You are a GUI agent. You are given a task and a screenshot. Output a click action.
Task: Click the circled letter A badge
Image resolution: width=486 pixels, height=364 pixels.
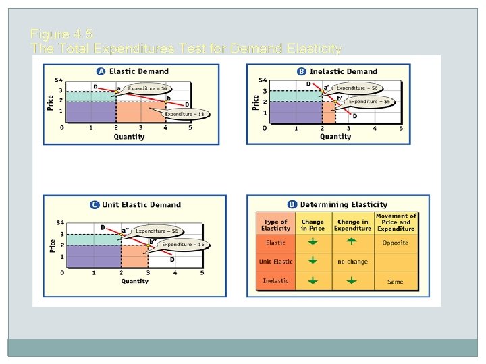(101, 71)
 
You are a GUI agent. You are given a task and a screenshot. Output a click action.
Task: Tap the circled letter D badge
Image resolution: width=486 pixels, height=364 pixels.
(292, 204)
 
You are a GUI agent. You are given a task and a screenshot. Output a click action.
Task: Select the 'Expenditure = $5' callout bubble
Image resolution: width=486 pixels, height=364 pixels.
(368, 102)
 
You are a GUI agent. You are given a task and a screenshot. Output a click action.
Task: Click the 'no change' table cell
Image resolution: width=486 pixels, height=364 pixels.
(352, 262)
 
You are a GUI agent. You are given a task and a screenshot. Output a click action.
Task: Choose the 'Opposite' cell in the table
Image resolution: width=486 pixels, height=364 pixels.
(396, 243)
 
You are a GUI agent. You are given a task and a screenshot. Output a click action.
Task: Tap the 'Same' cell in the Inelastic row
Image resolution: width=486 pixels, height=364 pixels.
(396, 281)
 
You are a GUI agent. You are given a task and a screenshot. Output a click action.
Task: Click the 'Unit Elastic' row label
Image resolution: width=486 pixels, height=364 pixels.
(275, 262)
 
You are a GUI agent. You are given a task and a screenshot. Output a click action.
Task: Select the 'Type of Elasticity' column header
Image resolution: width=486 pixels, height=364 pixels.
(275, 225)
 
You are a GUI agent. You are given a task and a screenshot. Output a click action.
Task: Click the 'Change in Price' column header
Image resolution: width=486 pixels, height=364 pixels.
(313, 225)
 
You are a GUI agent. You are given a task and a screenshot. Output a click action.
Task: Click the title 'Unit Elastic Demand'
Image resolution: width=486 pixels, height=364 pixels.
(141, 204)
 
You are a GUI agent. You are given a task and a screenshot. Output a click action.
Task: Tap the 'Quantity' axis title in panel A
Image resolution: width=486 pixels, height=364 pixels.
(129, 137)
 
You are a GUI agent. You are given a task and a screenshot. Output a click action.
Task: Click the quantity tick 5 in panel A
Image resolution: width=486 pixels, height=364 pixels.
(190, 128)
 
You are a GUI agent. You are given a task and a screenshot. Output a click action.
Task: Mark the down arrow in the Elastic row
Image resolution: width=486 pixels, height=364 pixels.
(313, 242)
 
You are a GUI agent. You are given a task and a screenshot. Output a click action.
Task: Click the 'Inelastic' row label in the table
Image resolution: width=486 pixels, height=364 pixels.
(275, 281)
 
